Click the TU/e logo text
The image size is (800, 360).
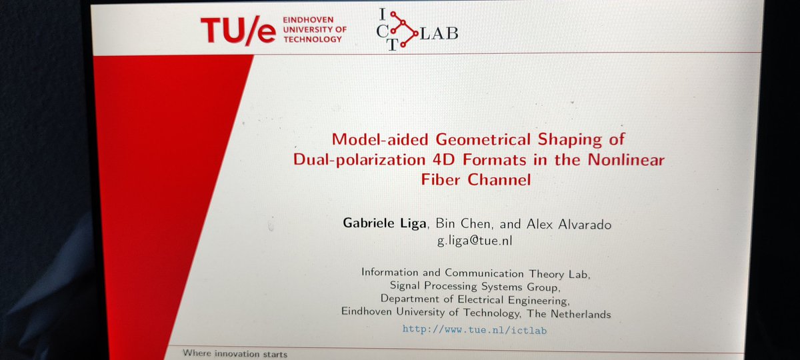coord(238,30)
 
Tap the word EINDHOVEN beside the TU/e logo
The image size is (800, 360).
coord(307,19)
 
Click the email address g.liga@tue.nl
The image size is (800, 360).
coord(475,240)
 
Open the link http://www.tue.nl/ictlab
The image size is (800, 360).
coord(475,329)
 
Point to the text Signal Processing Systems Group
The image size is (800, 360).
coord(475,287)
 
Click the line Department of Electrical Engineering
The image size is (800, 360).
coord(475,299)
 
